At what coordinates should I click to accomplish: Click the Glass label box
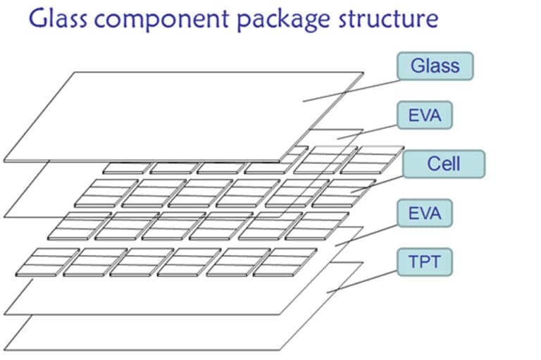click(435, 66)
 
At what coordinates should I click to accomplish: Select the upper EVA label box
click(425, 115)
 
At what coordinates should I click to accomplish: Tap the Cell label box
click(443, 163)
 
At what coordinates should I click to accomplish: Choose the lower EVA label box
click(425, 212)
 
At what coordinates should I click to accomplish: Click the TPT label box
click(425, 263)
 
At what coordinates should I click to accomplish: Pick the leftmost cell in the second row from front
click(70, 225)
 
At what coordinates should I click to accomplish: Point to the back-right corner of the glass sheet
click(363, 73)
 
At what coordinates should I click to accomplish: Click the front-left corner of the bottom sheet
click(4, 349)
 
